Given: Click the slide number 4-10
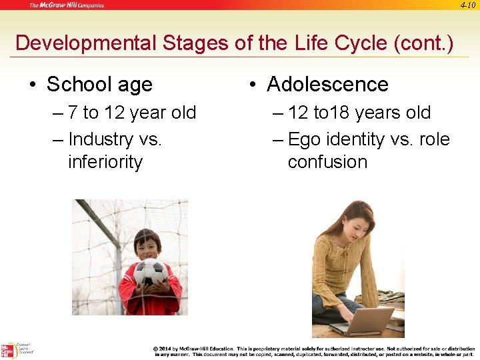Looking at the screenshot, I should click(x=469, y=5).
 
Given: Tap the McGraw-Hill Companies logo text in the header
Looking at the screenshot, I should click(x=66, y=5).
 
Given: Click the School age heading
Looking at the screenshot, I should click(x=99, y=85).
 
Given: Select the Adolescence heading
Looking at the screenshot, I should click(x=327, y=85).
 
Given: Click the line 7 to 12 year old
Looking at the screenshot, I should click(x=132, y=113).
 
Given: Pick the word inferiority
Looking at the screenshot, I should click(x=105, y=162).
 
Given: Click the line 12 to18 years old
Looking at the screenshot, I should click(x=359, y=113).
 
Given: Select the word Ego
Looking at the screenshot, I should click(x=304, y=139).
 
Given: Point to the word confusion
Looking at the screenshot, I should click(x=327, y=162).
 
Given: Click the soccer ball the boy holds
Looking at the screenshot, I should click(x=150, y=271).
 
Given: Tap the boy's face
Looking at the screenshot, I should click(x=148, y=245).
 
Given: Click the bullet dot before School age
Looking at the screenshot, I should click(x=33, y=85).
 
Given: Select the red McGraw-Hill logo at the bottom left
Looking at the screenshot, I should click(x=9, y=350).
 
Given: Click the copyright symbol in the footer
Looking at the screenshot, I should click(x=156, y=349).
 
